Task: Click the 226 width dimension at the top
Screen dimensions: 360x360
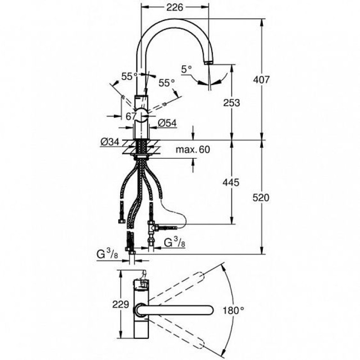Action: [x=175, y=8]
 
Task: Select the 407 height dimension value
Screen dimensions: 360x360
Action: [x=261, y=80]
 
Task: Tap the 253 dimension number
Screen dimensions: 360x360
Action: [x=231, y=103]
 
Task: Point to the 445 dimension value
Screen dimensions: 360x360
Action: [x=231, y=183]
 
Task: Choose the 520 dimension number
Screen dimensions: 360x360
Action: [x=261, y=198]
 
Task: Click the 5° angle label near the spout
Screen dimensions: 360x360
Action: [x=186, y=69]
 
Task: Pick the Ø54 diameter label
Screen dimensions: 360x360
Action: [x=167, y=123]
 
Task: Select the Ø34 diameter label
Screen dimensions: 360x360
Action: [x=110, y=142]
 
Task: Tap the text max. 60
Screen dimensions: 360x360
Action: [x=193, y=150]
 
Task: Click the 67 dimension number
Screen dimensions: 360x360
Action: [x=131, y=117]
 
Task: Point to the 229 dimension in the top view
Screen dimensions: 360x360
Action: [x=121, y=305]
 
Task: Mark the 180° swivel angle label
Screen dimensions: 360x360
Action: [x=233, y=310]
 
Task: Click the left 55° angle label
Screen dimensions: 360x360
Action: [x=130, y=76]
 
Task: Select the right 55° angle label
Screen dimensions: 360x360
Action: [x=166, y=83]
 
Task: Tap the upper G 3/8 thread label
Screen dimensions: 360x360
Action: [x=175, y=243]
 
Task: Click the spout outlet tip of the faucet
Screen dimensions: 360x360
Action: [x=208, y=63]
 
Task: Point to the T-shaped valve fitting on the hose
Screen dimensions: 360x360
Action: [x=152, y=228]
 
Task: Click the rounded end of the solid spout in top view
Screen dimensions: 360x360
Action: [x=211, y=310]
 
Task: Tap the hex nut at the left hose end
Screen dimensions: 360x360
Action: [x=121, y=221]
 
